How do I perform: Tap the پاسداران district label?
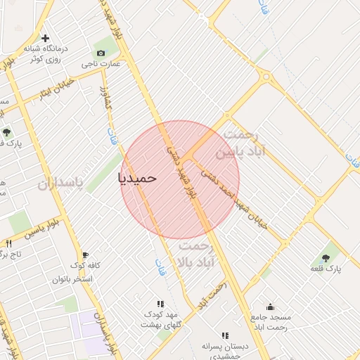pos(59,184)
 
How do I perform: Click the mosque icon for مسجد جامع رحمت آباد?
pos(271,306)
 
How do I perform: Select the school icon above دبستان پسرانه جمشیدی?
pos(224,335)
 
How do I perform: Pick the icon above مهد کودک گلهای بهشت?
pos(160,304)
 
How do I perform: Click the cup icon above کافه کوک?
pos(85,255)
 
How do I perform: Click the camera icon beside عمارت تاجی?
pos(101,53)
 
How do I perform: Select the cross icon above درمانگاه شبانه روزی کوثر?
pos(46,38)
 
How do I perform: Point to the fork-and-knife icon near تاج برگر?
pos(8,243)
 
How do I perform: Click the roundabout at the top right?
pos(265,76)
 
